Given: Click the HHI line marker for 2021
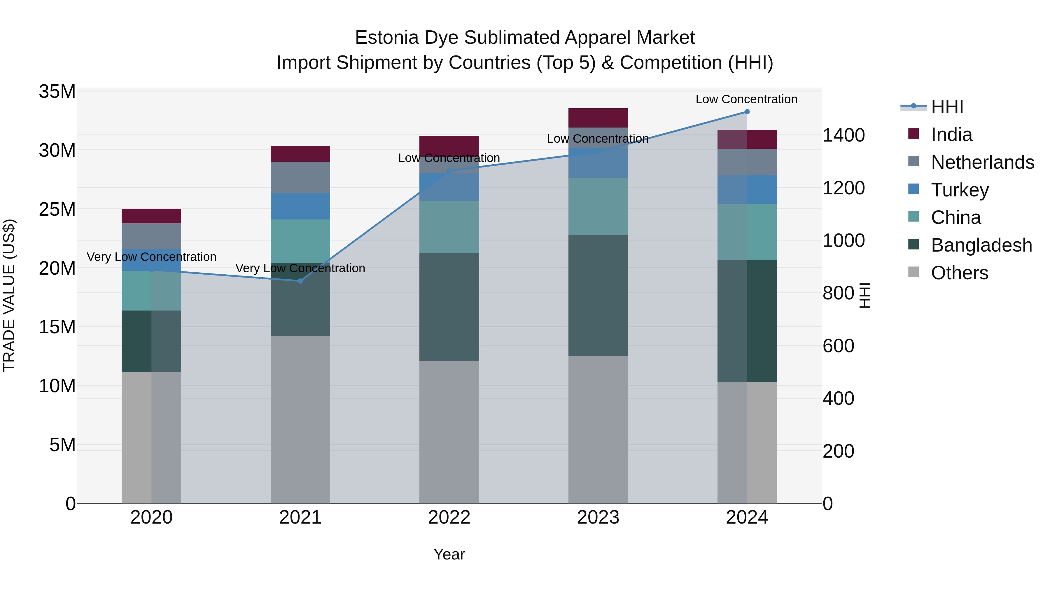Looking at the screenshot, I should point(300,281).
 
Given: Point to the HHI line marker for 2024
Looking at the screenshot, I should point(747,112).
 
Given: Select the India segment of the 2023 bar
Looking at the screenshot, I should point(598,118).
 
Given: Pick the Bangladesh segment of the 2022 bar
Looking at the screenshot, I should point(449,307).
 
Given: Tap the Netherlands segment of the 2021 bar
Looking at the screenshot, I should point(300,177).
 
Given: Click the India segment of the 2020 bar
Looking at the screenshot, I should point(151,216).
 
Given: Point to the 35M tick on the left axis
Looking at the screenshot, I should point(57,92).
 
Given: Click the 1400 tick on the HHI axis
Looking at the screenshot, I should point(843,135).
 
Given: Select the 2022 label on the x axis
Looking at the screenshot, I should point(449,517).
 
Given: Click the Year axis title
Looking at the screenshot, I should point(449,554).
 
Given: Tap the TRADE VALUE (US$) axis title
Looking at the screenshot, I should point(9,295).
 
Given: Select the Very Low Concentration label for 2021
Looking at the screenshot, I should point(300,269).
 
